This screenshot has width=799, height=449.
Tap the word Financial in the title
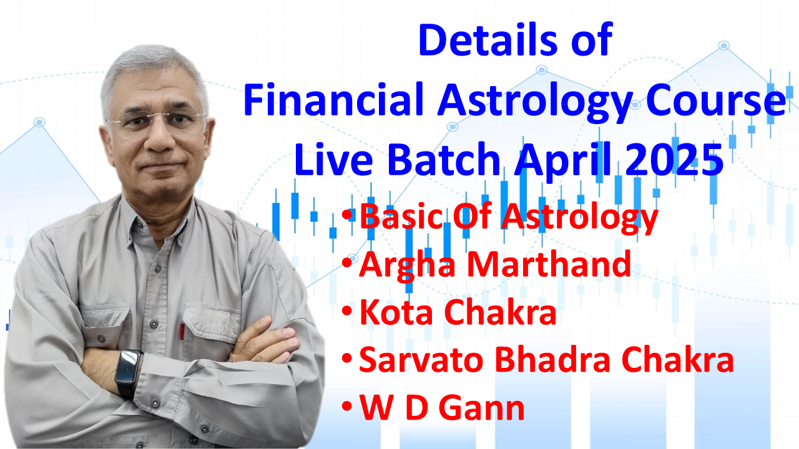pos(333,99)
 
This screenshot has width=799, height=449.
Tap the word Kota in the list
pos(395,312)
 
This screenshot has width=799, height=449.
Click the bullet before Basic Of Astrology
pos(346,215)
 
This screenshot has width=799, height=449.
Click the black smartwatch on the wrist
pos(129,373)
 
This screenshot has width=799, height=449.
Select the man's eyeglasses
pos(156,122)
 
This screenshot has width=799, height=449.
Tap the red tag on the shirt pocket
pos(182,331)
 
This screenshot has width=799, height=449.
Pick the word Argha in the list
pos(407,266)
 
